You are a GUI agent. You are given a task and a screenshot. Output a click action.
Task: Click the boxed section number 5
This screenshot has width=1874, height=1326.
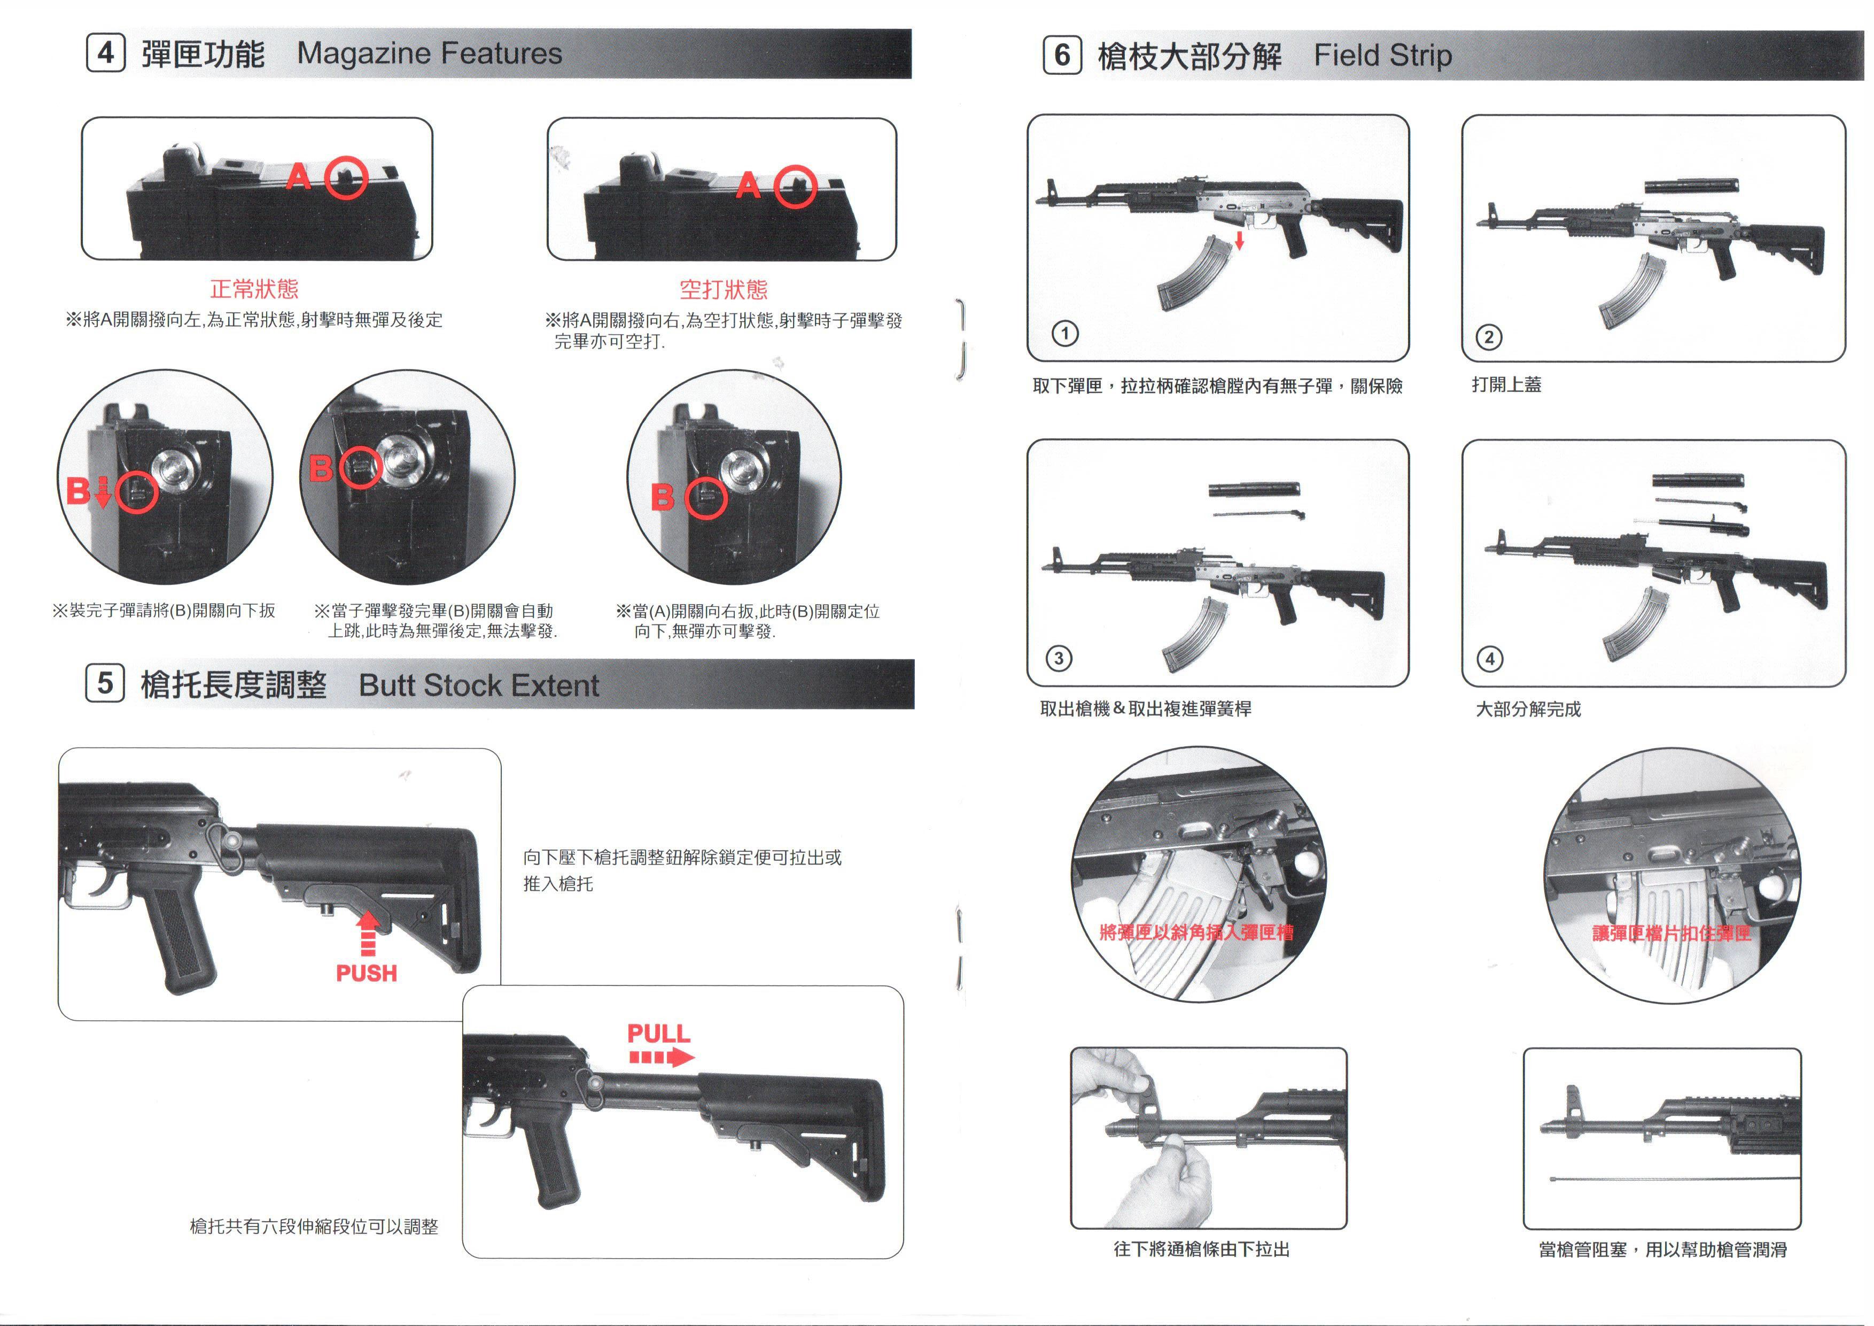coord(105,683)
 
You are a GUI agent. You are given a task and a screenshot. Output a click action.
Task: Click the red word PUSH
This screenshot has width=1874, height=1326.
coord(367,973)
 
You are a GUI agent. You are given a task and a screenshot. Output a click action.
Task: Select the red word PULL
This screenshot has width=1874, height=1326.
coord(659,1034)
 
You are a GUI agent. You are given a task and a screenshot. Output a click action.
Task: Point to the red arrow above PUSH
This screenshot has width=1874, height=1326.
coord(369,934)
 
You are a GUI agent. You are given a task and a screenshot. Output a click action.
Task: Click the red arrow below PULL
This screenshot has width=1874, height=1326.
coord(662,1058)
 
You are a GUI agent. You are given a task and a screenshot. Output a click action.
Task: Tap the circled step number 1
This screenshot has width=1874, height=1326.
coord(1065,333)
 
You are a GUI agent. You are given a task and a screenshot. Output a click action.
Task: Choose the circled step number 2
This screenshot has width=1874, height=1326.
coord(1489,337)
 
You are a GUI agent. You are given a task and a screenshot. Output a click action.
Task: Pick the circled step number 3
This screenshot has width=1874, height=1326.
coord(1059,658)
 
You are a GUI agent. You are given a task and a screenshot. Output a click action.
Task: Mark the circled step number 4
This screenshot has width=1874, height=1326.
coord(1490,658)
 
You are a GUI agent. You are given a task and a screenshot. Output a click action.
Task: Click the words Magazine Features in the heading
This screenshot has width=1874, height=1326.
coord(429,54)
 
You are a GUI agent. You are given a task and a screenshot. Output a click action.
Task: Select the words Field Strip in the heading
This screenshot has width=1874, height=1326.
coord(1382,56)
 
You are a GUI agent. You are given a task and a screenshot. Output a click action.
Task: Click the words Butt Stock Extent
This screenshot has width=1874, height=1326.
coord(479,685)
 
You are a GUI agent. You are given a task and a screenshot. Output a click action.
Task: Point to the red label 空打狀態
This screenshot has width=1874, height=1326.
coord(724,289)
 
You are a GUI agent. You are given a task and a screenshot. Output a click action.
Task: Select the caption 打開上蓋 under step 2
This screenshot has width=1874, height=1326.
coord(1507,384)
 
